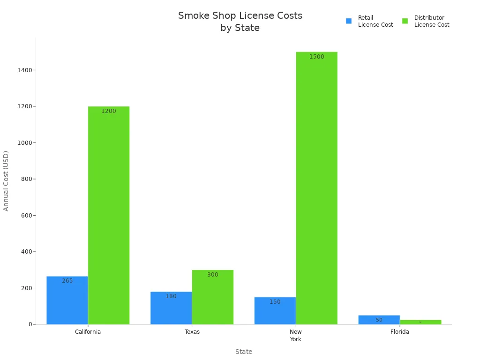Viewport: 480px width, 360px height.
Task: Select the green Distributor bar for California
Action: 109,215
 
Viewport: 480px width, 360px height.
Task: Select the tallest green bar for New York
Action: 316,188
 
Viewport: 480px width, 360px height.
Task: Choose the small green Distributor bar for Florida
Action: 420,322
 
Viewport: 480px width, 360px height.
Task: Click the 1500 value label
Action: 316,57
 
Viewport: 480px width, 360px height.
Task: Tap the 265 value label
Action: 67,281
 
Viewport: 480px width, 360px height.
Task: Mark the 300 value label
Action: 212,275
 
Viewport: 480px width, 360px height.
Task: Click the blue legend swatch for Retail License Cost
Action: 349,21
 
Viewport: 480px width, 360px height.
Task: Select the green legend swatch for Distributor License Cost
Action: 405,21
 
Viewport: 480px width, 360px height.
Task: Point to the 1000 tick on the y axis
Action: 24,142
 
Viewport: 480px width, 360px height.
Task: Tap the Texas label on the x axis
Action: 192,332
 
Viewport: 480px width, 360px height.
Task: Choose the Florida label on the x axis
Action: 399,332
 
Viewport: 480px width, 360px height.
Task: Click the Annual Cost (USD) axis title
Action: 6,180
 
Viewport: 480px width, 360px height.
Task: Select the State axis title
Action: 244,352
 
